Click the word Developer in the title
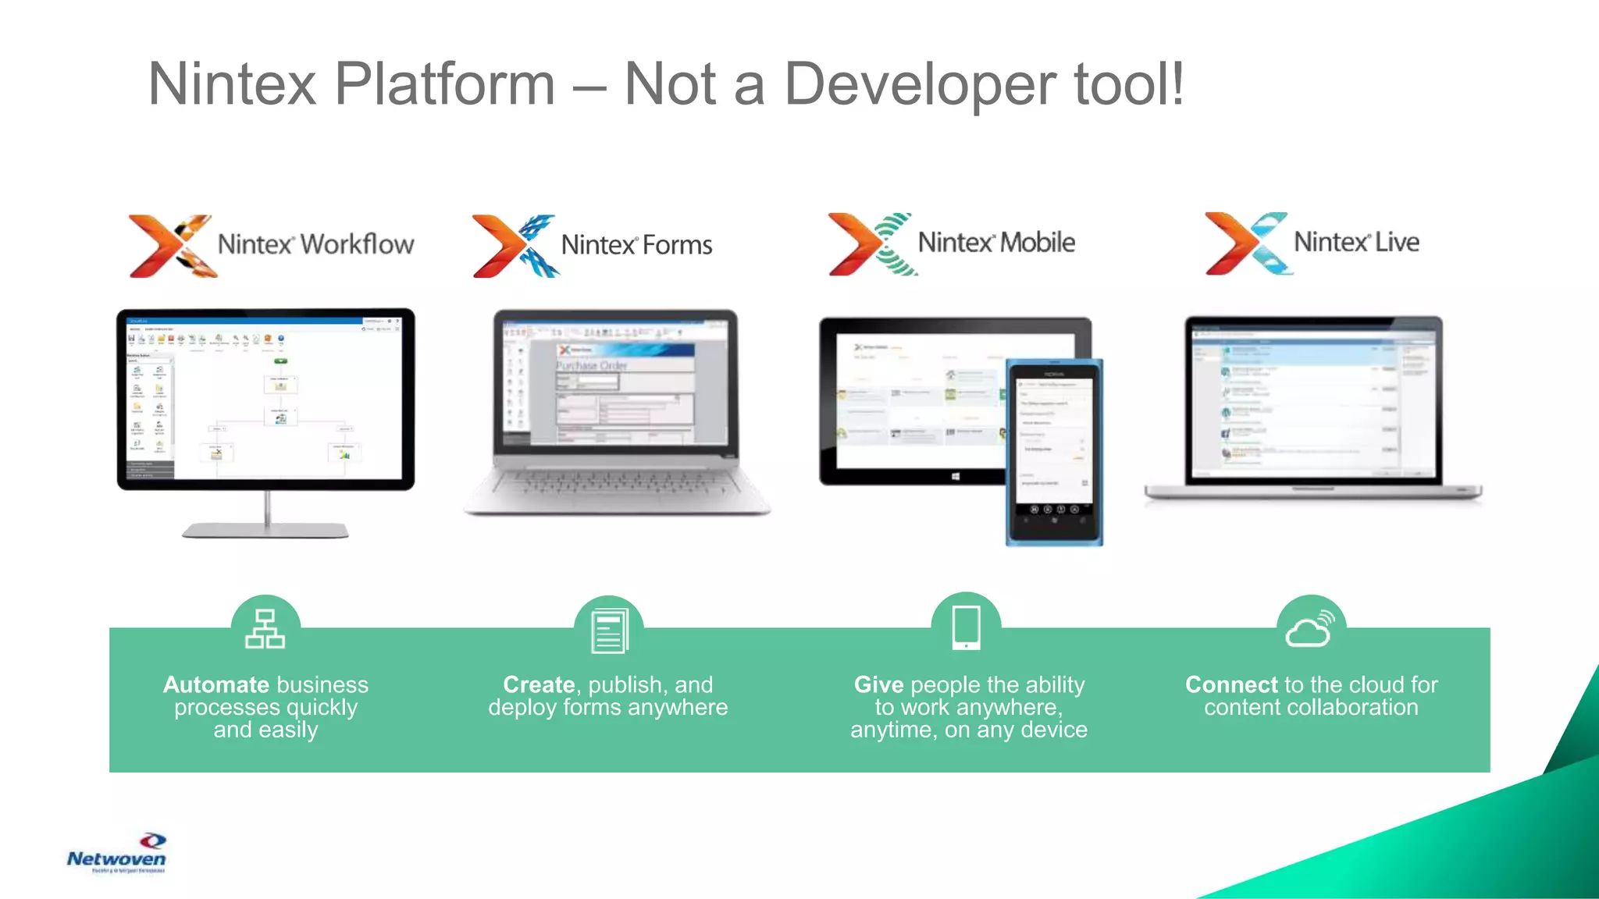pyautogui.click(x=920, y=84)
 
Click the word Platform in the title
pyautogui.click(x=444, y=84)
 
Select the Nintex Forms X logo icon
pyautogui.click(x=515, y=246)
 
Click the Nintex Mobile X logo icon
pyautogui.click(x=871, y=244)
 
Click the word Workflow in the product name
pyautogui.click(x=357, y=244)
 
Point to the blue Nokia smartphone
pyautogui.click(x=1054, y=453)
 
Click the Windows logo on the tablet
pyautogui.click(x=955, y=475)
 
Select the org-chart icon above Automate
pyautogui.click(x=265, y=629)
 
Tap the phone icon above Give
pyautogui.click(x=966, y=627)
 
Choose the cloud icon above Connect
pyautogui.click(x=1310, y=629)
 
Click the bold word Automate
pyautogui.click(x=215, y=684)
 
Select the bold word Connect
pyautogui.click(x=1231, y=684)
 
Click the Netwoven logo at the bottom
pyautogui.click(x=117, y=854)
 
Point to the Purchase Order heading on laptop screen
pyautogui.click(x=591, y=365)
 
